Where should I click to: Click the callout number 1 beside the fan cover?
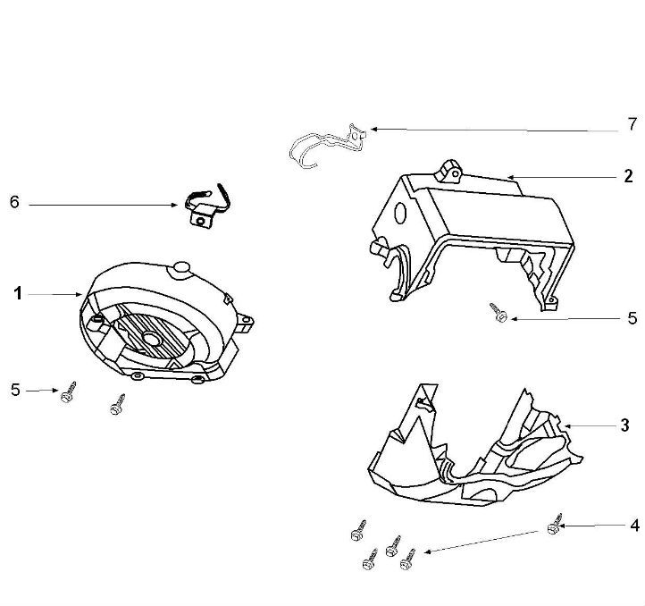point(18,294)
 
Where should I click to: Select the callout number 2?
point(628,176)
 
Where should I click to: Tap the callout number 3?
point(624,425)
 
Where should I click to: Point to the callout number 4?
point(634,526)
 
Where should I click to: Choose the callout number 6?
point(14,202)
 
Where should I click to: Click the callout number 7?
point(632,124)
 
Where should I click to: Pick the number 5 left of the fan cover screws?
point(15,390)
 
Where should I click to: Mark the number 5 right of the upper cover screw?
point(632,318)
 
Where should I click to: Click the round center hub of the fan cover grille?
point(151,339)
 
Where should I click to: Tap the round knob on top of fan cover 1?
point(180,269)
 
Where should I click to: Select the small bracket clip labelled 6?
point(205,206)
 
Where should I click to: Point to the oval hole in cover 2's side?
point(400,213)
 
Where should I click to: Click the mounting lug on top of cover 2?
point(449,171)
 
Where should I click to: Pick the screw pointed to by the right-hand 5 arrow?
point(498,313)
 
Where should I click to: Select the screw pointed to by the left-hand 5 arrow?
point(68,392)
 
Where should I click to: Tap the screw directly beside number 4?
point(555,525)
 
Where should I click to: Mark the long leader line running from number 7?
point(494,130)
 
